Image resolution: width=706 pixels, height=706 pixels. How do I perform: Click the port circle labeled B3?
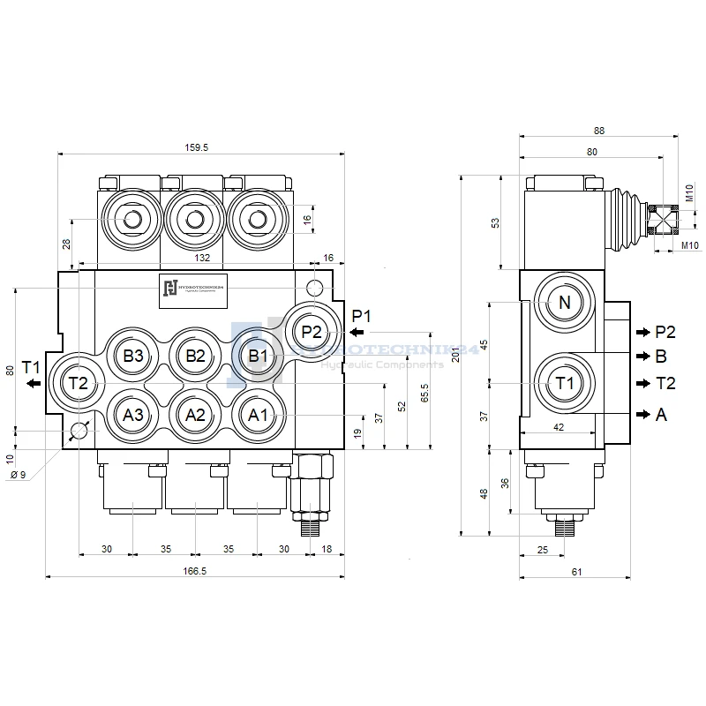click(x=133, y=357)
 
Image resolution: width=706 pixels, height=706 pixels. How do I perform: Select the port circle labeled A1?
click(x=257, y=415)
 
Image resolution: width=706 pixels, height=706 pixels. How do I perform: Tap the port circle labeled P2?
click(x=311, y=332)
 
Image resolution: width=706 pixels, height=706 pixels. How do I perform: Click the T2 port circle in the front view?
click(x=78, y=383)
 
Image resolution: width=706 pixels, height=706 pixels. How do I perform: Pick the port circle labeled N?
click(x=565, y=303)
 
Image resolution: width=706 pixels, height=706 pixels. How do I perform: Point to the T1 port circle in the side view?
click(x=565, y=383)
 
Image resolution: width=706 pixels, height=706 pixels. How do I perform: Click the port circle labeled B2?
click(x=195, y=357)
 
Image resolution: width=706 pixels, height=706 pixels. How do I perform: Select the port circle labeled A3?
click(x=133, y=415)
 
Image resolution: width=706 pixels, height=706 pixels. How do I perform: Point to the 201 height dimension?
click(x=455, y=355)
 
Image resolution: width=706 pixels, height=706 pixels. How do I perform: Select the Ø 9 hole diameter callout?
click(x=18, y=476)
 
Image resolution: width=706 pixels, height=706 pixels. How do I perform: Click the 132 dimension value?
click(x=202, y=258)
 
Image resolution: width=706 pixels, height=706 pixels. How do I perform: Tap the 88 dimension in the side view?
click(x=599, y=131)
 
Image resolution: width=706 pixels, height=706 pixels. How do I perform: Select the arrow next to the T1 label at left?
click(x=34, y=383)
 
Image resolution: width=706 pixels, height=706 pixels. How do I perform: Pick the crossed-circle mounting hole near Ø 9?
click(x=79, y=431)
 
